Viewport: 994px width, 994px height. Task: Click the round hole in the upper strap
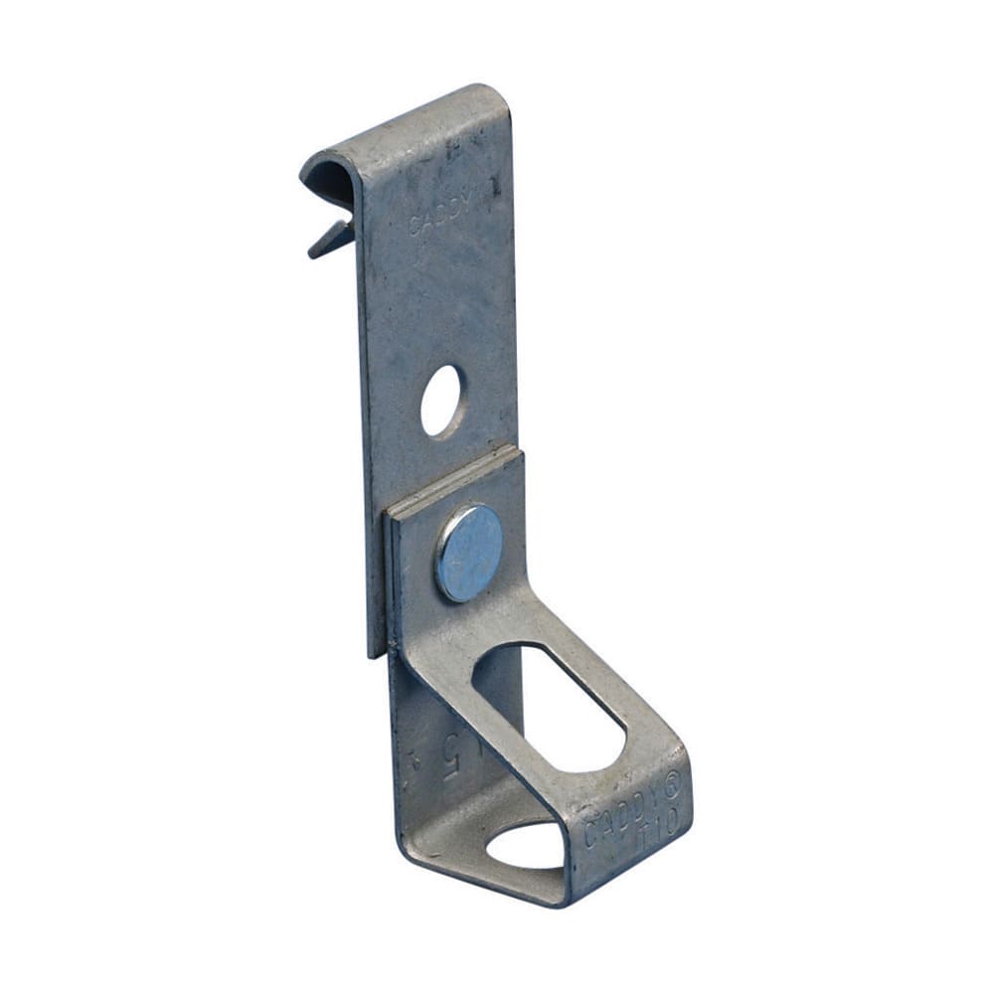441,401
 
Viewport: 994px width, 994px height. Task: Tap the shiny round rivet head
468,553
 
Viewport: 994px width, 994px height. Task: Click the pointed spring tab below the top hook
329,238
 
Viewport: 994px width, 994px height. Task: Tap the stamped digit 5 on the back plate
456,746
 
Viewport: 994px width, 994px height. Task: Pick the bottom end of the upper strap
376,651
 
